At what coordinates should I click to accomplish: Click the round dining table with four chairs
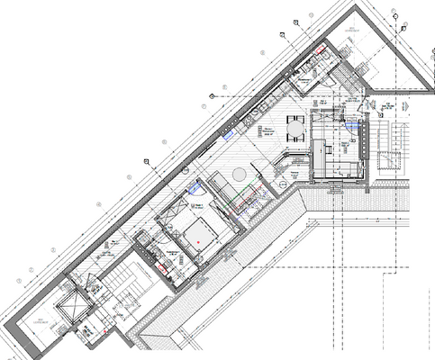295,130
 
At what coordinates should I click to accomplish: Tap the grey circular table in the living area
240,174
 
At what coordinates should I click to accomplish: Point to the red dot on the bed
192,241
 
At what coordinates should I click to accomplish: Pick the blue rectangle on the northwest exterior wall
230,133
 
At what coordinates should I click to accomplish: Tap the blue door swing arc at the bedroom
194,190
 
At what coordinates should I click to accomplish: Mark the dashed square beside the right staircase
389,164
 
